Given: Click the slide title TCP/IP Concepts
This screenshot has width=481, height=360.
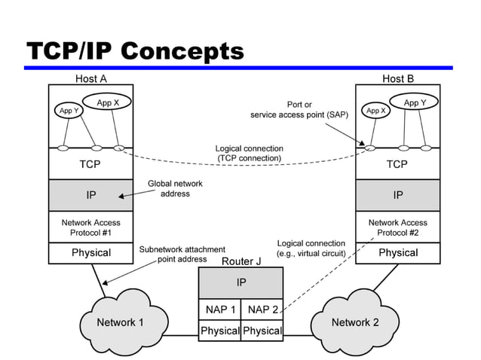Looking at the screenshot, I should point(136,51).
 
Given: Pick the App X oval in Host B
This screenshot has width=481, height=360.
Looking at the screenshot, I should point(376,111).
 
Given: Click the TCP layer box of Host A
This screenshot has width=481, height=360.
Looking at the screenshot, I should point(90,163).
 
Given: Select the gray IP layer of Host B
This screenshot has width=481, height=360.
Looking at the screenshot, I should point(397,195).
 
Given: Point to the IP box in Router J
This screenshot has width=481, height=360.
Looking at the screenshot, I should point(241,283).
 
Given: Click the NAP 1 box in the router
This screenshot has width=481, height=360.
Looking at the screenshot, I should point(220,310).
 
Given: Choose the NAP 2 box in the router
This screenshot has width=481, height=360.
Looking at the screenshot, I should point(262,310).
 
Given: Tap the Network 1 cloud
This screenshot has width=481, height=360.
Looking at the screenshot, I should point(120,322).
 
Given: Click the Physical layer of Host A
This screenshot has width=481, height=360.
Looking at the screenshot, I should point(90,253).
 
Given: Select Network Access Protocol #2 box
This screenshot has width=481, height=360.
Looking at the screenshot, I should point(397,227).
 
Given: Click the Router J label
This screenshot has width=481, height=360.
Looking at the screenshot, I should point(241,261).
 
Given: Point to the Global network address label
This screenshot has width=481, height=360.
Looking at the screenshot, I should point(175,188).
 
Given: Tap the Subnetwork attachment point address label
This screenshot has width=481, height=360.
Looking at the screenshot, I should point(182,254).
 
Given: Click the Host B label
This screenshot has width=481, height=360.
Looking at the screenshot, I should point(398,78).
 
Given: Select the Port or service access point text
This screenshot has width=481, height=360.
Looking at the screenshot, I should point(299,110).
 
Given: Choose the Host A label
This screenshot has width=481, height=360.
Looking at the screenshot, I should point(91,78).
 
